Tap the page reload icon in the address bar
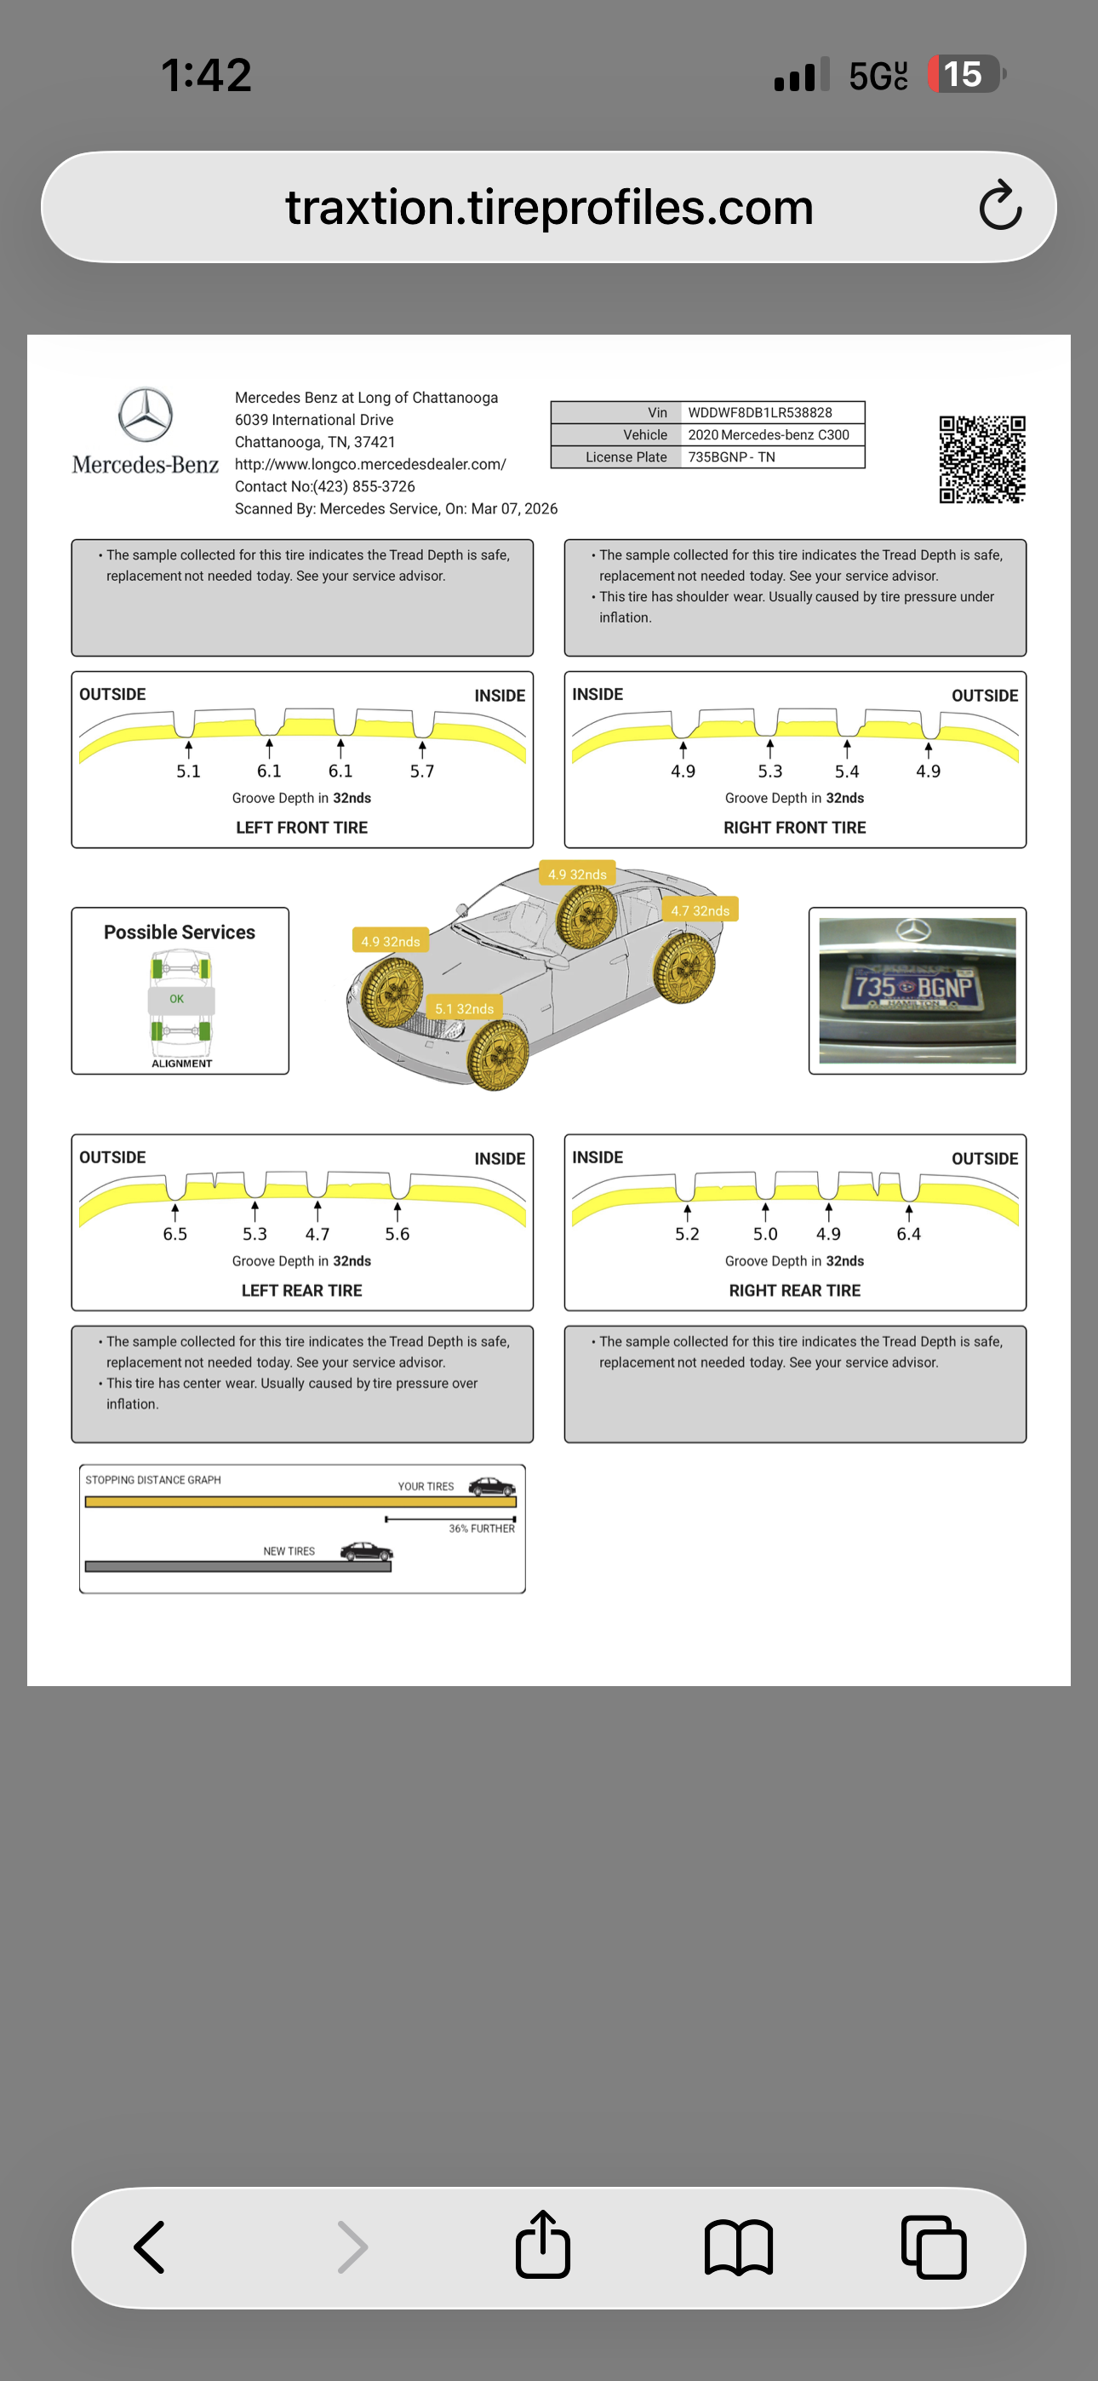click(x=1000, y=206)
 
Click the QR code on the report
click(x=981, y=459)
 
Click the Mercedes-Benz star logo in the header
click(x=145, y=415)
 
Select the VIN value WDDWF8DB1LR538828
click(x=760, y=412)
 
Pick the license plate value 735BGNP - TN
click(x=731, y=456)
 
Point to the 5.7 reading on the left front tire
click(x=421, y=771)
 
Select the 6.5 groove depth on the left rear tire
click(x=174, y=1234)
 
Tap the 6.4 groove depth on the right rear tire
click(x=907, y=1234)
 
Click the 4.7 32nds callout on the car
click(x=700, y=910)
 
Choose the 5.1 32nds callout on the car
click(x=464, y=1008)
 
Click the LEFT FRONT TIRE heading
click(x=301, y=827)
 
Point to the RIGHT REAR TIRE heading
click(x=794, y=1290)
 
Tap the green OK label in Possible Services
click(x=176, y=999)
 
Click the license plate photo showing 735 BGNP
click(x=916, y=990)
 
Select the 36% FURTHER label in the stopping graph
click(x=482, y=1529)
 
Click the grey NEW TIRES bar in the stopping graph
click(x=237, y=1567)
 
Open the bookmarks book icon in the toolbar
click(x=738, y=2247)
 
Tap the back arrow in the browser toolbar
click(x=150, y=2247)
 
